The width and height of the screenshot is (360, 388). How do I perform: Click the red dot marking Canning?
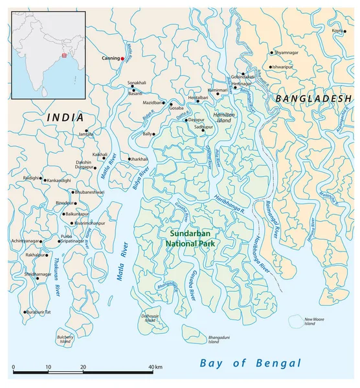[122, 59]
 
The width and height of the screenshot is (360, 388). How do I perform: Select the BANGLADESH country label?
[313, 98]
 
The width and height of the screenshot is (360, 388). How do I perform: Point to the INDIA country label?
[65, 118]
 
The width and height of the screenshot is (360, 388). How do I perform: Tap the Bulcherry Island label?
[66, 338]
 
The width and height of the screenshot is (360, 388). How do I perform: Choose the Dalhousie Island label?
[150, 318]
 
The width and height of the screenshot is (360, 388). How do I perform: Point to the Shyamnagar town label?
[287, 53]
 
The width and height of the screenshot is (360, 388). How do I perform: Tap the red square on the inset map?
[63, 56]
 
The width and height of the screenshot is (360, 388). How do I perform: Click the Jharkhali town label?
[139, 158]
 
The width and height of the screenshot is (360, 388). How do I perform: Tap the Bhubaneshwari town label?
[89, 192]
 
